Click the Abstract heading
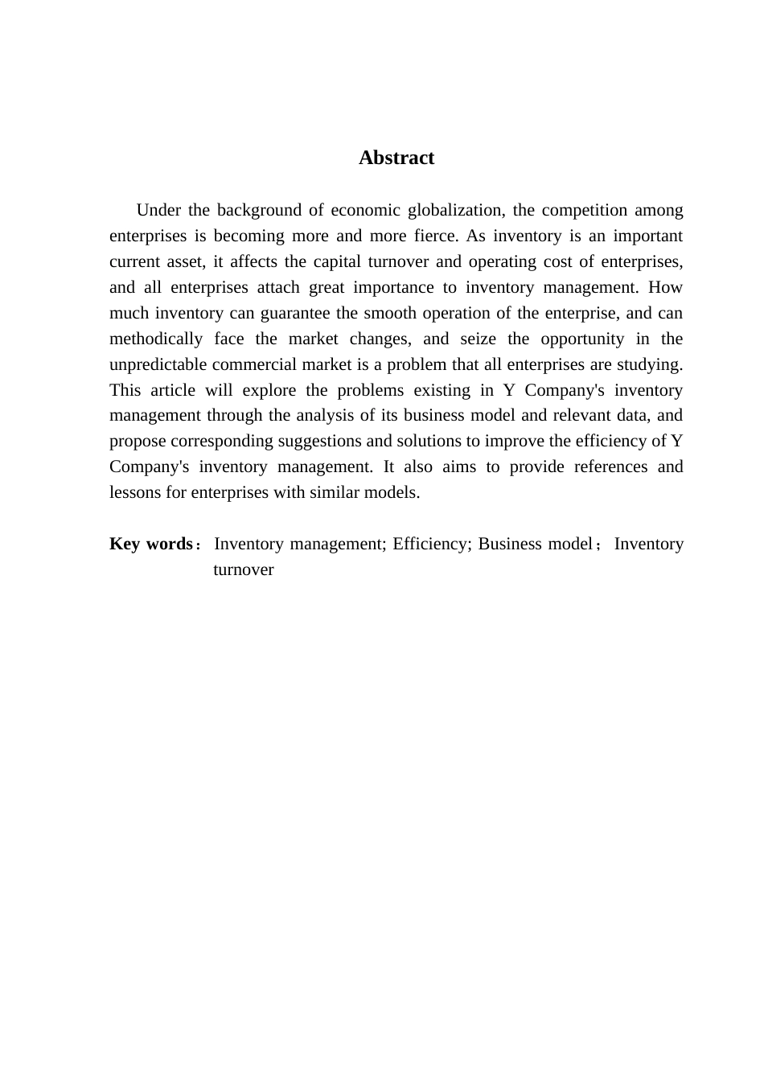click(x=396, y=158)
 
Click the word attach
click(x=278, y=288)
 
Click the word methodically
click(x=156, y=339)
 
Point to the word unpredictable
click(x=158, y=365)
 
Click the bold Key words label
click(x=151, y=545)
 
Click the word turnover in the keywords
click(x=244, y=570)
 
